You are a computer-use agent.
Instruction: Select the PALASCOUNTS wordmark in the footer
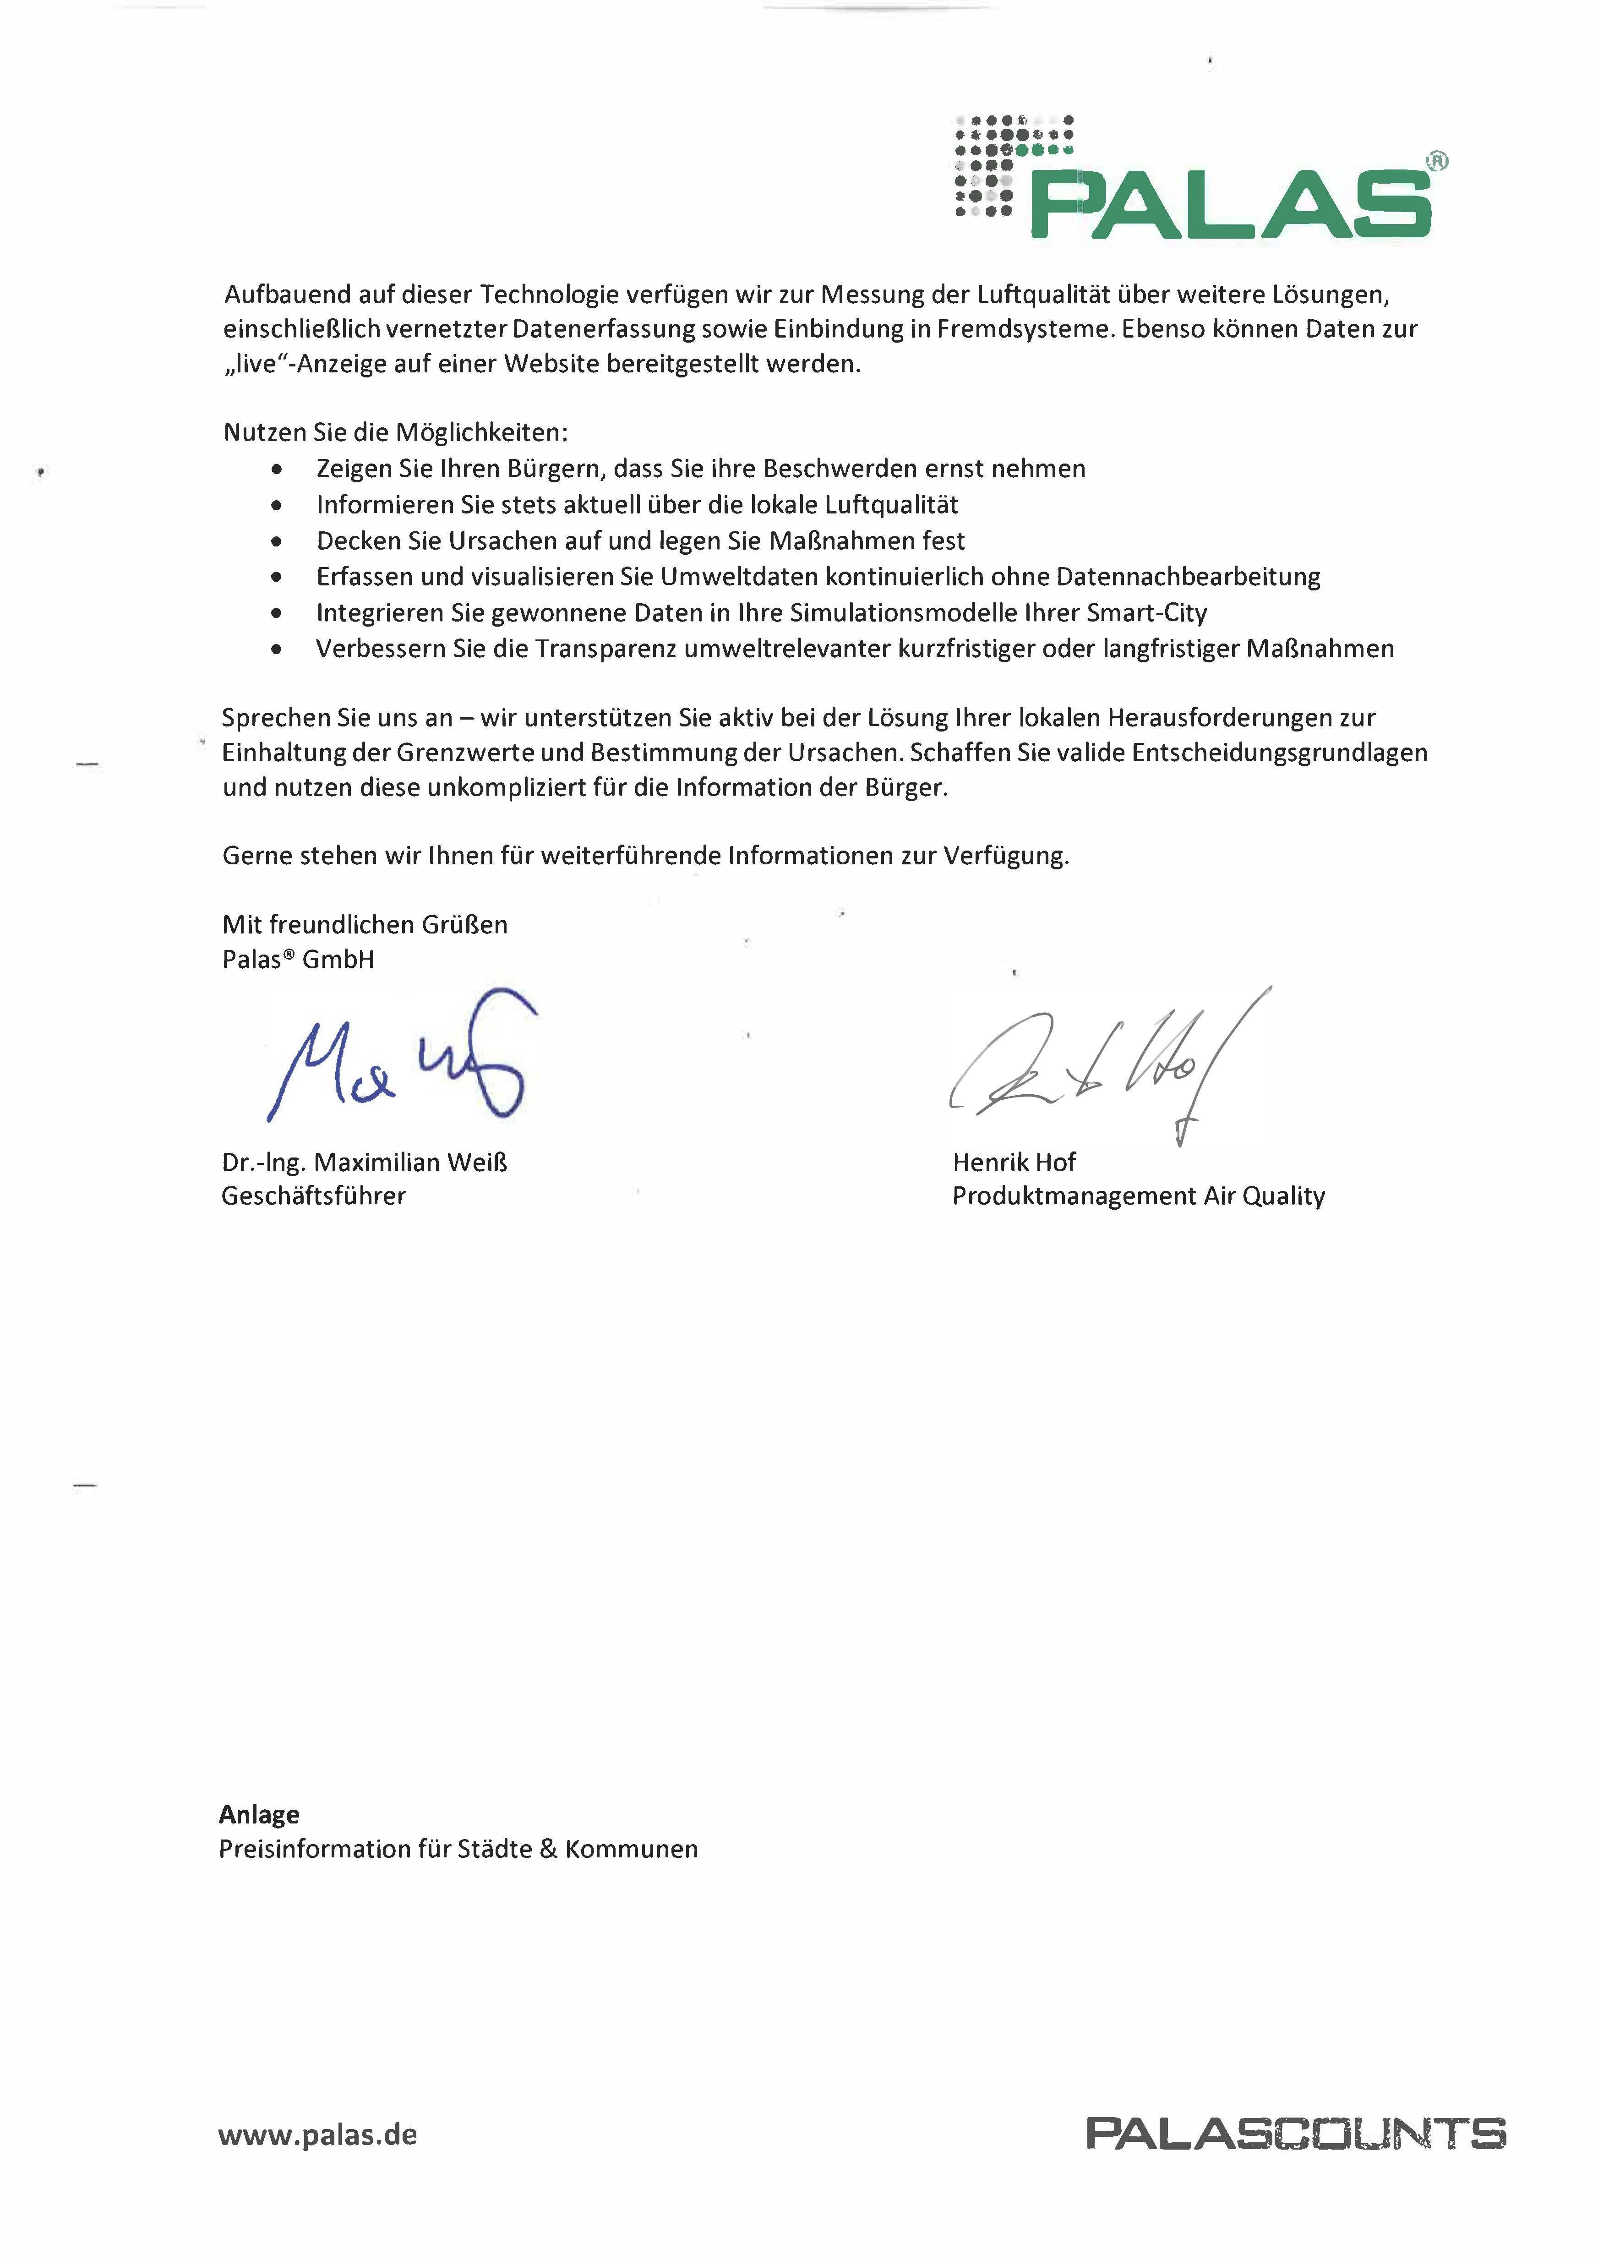click(x=1295, y=2133)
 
